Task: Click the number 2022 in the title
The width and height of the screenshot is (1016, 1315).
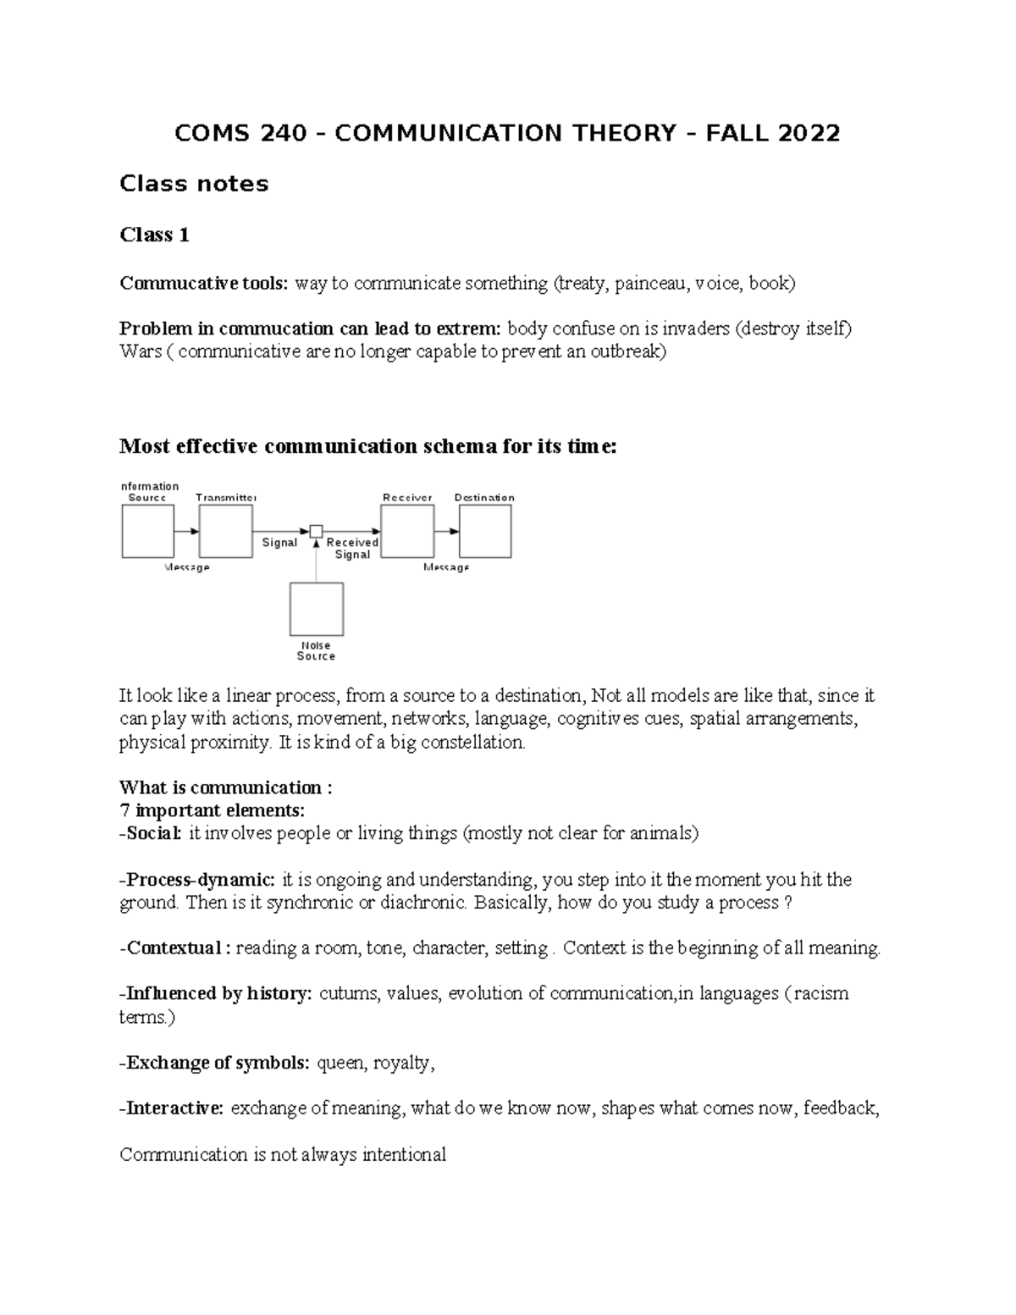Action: pyautogui.click(x=809, y=134)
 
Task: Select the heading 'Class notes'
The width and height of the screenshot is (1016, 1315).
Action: pyautogui.click(x=194, y=184)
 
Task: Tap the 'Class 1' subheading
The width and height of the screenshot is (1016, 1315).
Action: pyautogui.click(x=154, y=235)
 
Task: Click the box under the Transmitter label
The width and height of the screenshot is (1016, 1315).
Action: pyautogui.click(x=226, y=531)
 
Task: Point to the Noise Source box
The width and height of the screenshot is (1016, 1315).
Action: pyautogui.click(x=317, y=609)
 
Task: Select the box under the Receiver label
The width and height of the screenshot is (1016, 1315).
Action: pyautogui.click(x=407, y=531)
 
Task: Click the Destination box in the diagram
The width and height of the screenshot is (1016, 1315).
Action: pyautogui.click(x=485, y=531)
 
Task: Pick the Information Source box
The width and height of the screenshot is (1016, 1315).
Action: pyautogui.click(x=148, y=531)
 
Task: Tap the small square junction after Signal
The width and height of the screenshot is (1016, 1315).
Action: pyautogui.click(x=316, y=531)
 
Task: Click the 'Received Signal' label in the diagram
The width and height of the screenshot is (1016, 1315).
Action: pyautogui.click(x=352, y=548)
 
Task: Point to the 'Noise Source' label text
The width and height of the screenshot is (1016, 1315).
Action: pyautogui.click(x=316, y=650)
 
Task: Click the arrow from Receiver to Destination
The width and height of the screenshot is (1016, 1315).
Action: pyautogui.click(x=447, y=531)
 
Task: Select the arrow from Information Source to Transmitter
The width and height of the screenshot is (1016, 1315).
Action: pyautogui.click(x=187, y=531)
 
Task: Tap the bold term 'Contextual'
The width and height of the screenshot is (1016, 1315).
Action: pyautogui.click(x=173, y=948)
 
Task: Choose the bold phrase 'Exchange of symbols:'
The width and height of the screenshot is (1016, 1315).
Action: pyautogui.click(x=215, y=1063)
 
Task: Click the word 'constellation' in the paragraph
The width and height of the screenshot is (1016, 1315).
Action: pyautogui.click(x=478, y=743)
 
